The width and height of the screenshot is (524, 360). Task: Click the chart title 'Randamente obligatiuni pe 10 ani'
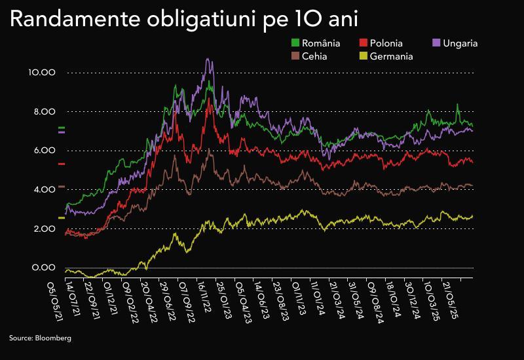[183, 20]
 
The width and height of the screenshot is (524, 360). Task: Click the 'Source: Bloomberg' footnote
[40, 338]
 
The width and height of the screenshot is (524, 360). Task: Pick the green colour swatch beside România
[295, 43]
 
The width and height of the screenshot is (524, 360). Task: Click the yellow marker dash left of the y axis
[62, 217]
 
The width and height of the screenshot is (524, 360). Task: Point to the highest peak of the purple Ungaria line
[208, 59]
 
